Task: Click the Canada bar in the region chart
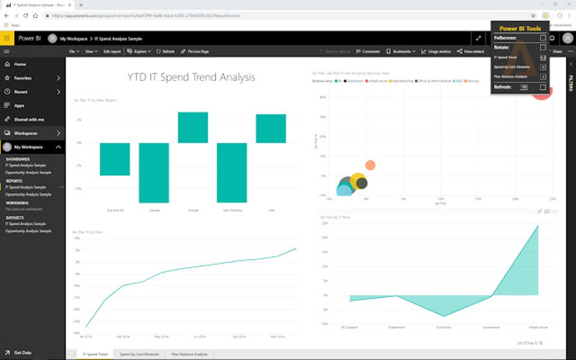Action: click(154, 173)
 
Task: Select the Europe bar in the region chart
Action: click(193, 128)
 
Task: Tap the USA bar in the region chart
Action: click(270, 129)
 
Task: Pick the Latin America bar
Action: click(232, 173)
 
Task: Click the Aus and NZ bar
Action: click(115, 159)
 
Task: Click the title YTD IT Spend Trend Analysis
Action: click(191, 77)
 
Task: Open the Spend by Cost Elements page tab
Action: click(139, 354)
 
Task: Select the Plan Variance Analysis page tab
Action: click(190, 354)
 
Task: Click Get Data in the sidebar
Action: click(23, 353)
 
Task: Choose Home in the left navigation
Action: click(20, 64)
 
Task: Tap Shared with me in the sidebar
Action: click(29, 120)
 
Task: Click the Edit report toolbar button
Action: click(112, 51)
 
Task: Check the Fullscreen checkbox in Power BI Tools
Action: click(543, 38)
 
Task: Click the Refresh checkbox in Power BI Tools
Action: click(543, 87)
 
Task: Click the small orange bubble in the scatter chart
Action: click(370, 165)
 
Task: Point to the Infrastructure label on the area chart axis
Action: click(538, 327)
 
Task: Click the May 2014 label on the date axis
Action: click(162, 337)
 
